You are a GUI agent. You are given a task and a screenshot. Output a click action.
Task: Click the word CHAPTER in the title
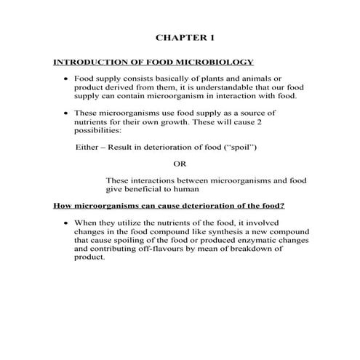pyautogui.click(x=175, y=36)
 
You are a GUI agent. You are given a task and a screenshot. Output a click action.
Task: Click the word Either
pyautogui.click(x=88, y=147)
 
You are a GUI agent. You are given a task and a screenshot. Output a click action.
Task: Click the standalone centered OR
pyautogui.click(x=180, y=163)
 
